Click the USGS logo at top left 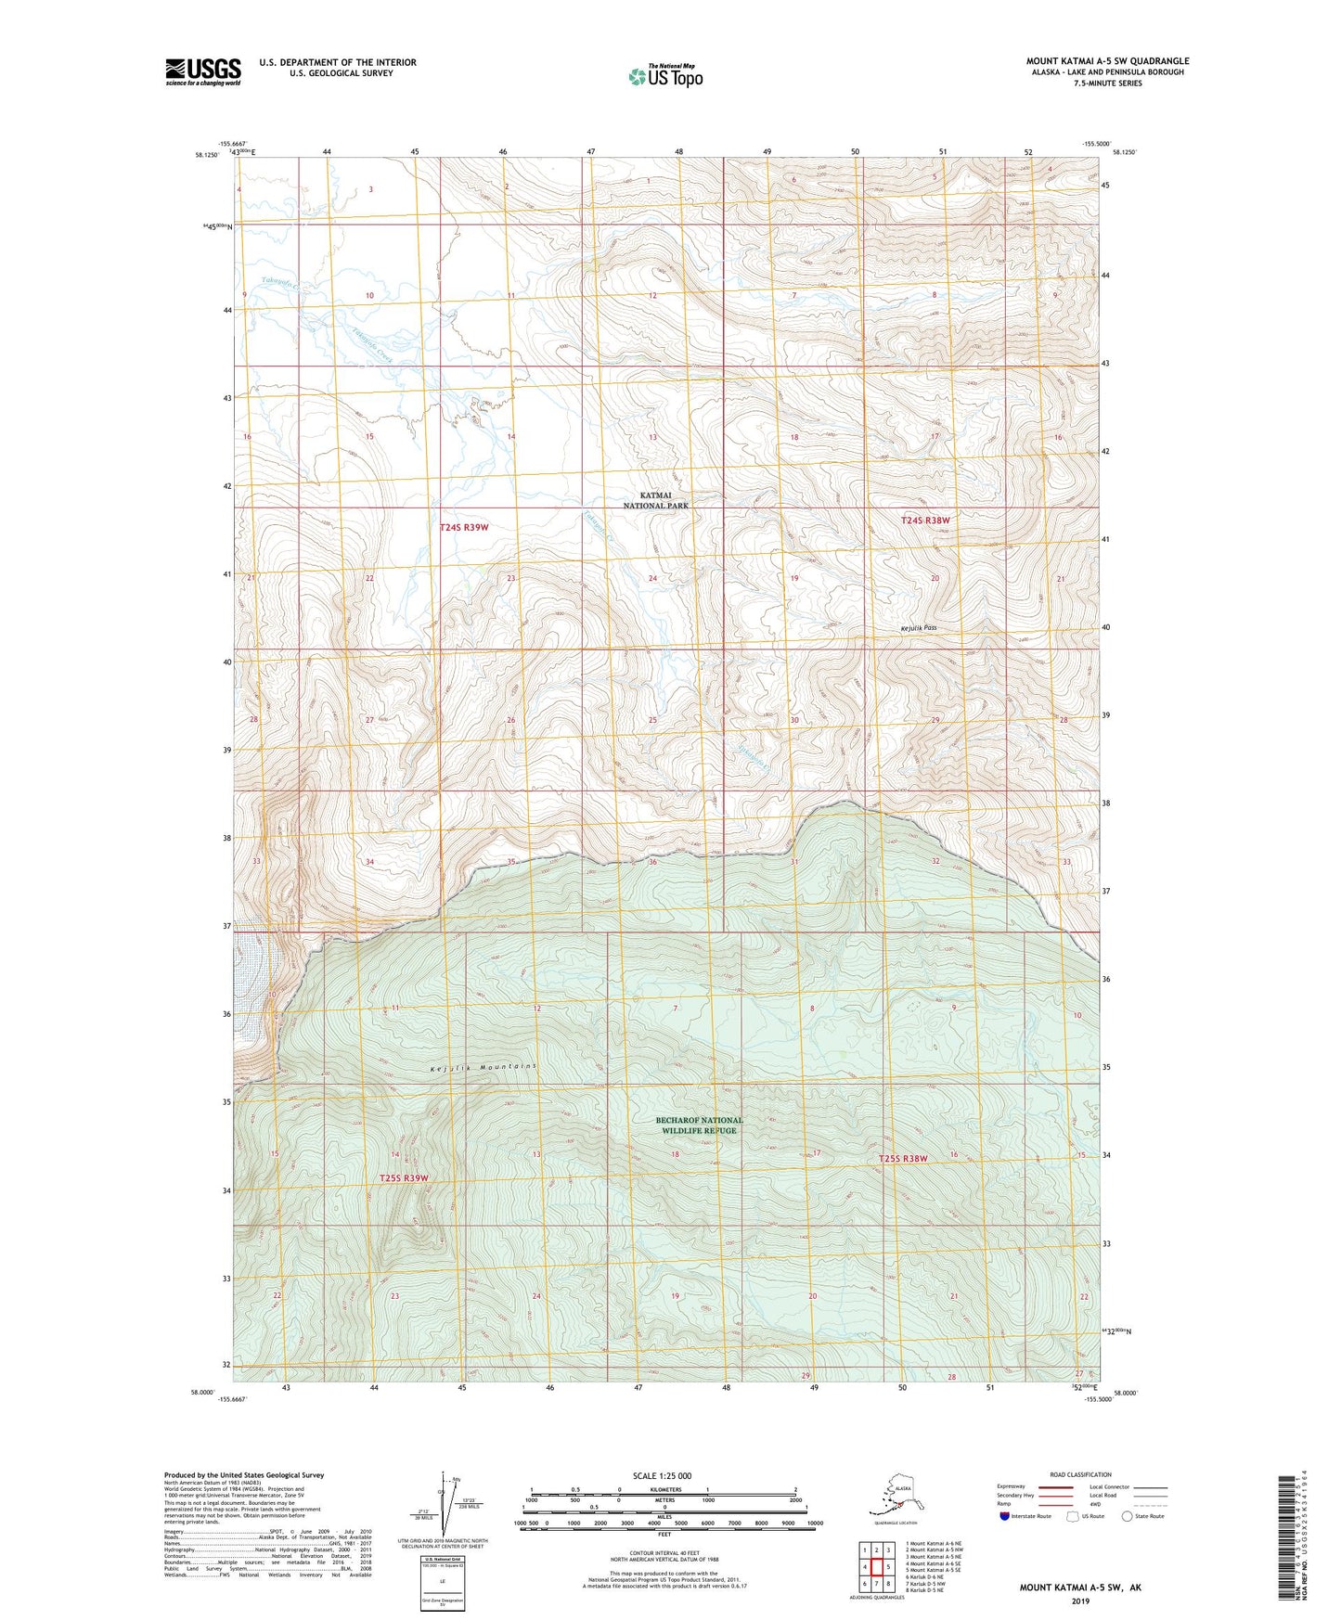pos(202,71)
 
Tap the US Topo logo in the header pos(664,76)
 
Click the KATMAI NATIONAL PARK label pos(656,501)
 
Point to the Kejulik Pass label pos(918,628)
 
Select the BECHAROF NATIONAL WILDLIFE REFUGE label pos(699,1125)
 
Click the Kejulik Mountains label pos(484,1068)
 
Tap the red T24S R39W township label pos(463,527)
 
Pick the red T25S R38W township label pos(903,1159)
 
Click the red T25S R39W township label pos(404,1178)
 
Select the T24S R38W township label pos(925,521)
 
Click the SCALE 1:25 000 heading pos(662,1475)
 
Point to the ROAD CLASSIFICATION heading pos(1080,1474)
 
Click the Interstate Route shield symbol pos(1005,1516)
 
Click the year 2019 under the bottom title pos(1080,1601)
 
